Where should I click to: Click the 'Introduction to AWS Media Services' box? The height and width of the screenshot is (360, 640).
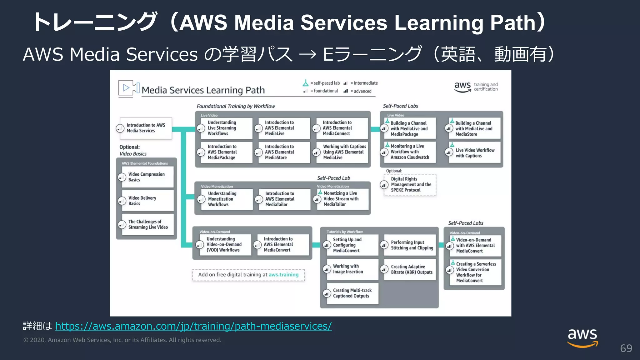point(146,128)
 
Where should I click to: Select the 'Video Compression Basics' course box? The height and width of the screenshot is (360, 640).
point(147,177)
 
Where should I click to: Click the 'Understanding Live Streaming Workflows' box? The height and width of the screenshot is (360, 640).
point(226,128)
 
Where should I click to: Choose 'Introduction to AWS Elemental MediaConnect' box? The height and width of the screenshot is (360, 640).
point(341,128)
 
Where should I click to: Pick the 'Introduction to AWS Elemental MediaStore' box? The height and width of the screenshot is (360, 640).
point(283,152)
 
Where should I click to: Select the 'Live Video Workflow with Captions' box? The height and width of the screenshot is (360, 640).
point(474,153)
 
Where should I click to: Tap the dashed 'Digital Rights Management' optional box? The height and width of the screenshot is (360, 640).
point(410,185)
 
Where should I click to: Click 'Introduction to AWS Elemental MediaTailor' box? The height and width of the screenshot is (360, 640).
point(284,199)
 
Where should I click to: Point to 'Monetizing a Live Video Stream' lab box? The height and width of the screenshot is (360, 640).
point(342,199)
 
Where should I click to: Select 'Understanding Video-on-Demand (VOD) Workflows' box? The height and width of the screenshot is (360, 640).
point(224,245)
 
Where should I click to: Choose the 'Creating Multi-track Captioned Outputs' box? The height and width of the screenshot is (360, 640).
point(352,293)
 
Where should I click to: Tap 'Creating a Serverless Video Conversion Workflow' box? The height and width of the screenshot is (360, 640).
point(475,272)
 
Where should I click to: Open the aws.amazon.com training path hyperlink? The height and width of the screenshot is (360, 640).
point(193,326)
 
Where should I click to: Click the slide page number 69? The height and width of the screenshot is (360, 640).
point(626,348)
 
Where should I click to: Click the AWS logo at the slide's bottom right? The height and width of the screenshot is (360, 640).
point(582,338)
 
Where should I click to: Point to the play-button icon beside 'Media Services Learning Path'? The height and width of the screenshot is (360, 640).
point(126,88)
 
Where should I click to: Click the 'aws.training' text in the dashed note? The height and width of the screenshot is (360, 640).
point(283,275)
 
